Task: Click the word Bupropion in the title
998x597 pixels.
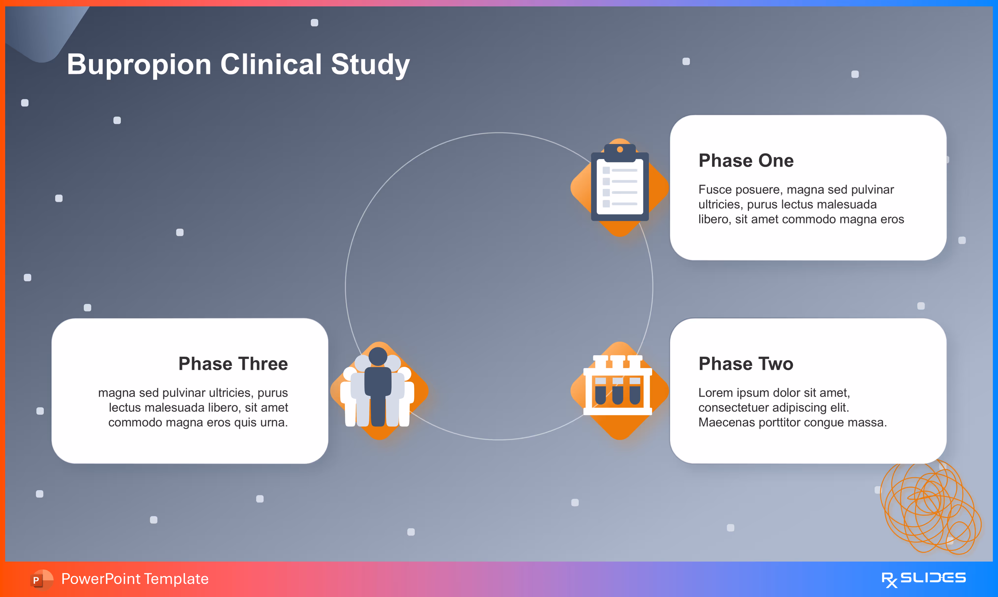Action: (139, 65)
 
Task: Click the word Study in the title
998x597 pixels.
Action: (370, 65)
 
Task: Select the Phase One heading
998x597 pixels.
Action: (746, 160)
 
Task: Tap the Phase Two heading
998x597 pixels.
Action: (746, 364)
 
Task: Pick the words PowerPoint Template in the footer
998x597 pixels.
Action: (135, 579)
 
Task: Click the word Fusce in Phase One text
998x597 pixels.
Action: (715, 189)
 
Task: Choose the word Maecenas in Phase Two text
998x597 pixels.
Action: (726, 422)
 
